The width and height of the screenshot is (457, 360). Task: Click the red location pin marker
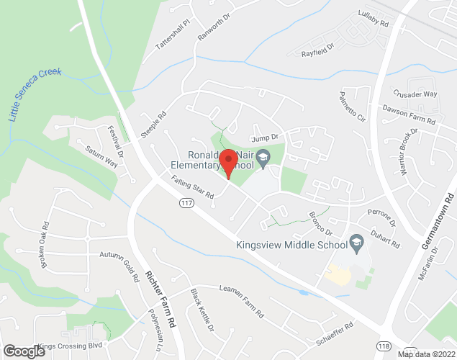point(228,163)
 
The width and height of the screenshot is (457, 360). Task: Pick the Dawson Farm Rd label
point(410,115)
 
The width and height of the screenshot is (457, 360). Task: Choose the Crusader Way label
point(415,94)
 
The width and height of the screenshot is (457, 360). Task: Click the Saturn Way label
point(101,157)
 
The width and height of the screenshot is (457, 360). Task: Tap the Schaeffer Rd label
point(330,334)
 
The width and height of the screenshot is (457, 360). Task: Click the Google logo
point(24,351)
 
